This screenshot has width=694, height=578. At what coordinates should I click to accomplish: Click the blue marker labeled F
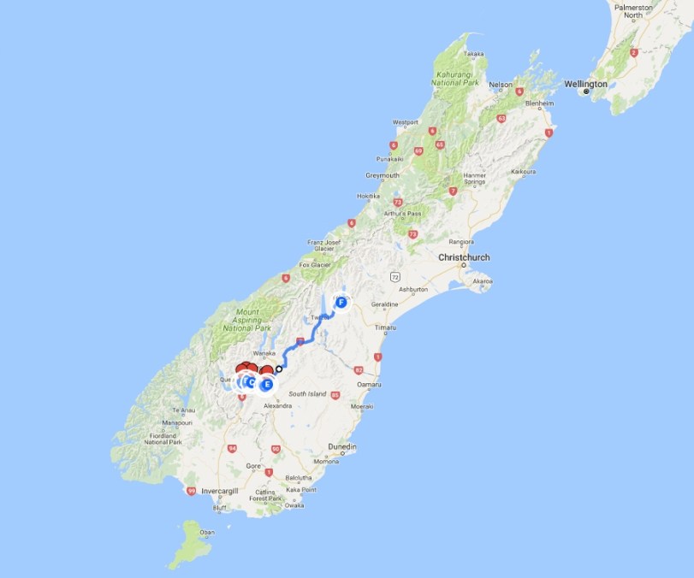coord(341,302)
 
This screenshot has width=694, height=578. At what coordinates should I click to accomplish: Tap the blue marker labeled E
coord(266,384)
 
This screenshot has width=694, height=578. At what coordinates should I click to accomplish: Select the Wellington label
coord(586,85)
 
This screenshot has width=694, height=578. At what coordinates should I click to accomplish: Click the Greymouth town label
coord(383,175)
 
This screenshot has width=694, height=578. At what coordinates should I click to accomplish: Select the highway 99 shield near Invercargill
coord(190,491)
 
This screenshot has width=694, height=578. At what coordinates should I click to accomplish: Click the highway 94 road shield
coord(232,448)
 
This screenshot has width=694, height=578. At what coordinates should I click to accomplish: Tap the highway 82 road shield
coord(359,369)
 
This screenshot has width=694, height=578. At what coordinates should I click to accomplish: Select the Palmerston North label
coord(632,11)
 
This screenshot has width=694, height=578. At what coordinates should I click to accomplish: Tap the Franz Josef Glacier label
coord(324,245)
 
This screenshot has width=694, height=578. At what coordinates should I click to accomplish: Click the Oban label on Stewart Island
coord(205,533)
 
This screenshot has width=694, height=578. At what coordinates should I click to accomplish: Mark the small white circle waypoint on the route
coord(279,369)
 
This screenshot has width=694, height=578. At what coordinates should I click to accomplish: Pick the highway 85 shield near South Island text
coord(335,395)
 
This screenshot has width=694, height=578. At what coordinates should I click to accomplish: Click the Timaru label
coord(385,327)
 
